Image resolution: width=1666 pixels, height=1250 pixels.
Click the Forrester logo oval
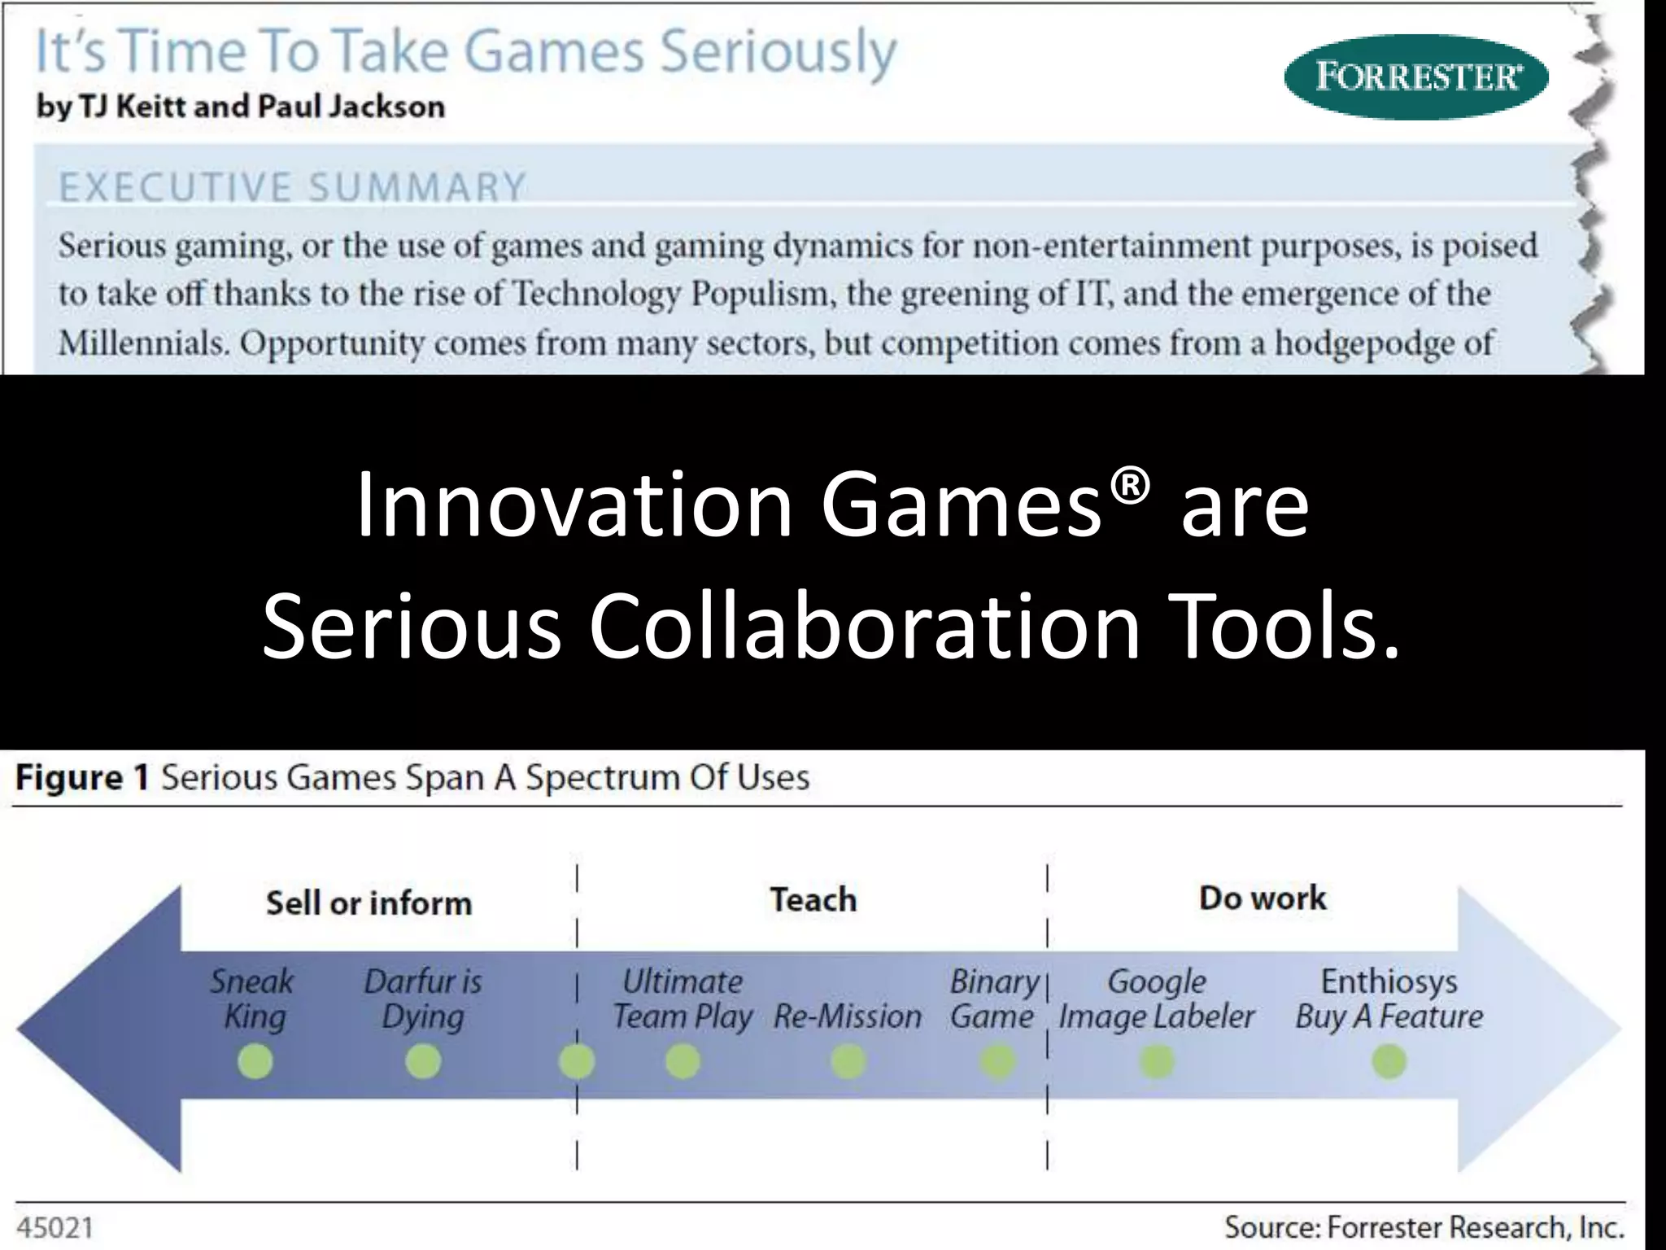click(1415, 77)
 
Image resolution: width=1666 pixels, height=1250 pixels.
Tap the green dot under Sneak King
click(255, 1062)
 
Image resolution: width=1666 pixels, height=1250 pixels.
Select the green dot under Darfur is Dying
click(423, 1062)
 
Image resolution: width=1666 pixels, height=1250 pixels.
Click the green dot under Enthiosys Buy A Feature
click(1389, 1062)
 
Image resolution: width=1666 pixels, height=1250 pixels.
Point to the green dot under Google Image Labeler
click(1156, 1062)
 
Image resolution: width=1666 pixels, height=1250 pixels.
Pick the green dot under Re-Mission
click(848, 1062)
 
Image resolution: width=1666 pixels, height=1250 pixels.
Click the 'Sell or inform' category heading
click(369, 903)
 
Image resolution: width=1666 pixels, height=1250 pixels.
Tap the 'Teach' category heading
click(813, 900)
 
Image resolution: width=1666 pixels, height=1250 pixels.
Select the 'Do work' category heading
click(1263, 898)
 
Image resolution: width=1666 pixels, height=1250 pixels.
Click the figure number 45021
click(55, 1227)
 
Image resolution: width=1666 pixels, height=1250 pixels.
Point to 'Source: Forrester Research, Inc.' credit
click(1424, 1227)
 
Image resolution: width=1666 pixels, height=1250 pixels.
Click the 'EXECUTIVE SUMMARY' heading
click(293, 187)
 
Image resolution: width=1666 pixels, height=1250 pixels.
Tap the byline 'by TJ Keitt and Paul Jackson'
click(241, 107)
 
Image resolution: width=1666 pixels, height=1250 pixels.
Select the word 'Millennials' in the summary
click(143, 343)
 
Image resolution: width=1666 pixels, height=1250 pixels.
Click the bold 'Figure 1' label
click(82, 777)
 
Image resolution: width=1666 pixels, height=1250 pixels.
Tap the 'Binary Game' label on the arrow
click(993, 999)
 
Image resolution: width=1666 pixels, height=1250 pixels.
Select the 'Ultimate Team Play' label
click(682, 999)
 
